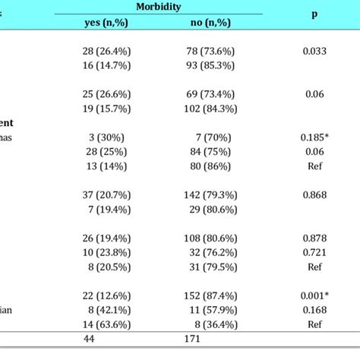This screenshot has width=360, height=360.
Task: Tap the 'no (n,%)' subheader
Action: [210, 23]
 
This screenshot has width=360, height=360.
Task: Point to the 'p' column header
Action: [314, 14]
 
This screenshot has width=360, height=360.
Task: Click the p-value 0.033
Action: [314, 51]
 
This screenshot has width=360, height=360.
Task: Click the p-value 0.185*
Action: [314, 137]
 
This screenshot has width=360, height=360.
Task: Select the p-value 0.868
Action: [314, 195]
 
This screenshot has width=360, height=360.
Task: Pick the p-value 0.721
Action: [314, 253]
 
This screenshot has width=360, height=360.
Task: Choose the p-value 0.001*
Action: [314, 295]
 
